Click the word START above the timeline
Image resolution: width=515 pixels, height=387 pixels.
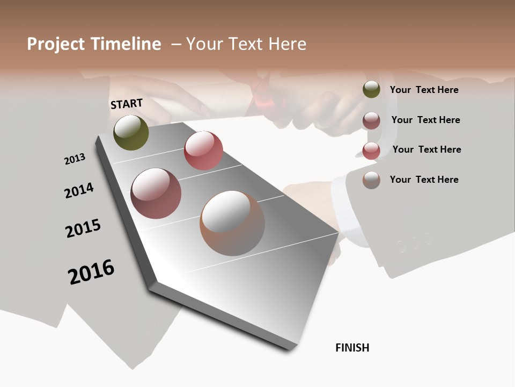click(x=127, y=104)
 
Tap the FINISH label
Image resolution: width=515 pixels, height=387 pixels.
click(x=352, y=348)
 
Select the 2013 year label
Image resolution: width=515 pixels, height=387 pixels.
click(x=75, y=159)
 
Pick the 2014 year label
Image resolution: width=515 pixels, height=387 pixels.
click(x=79, y=190)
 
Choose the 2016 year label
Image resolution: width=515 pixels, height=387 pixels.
click(x=91, y=272)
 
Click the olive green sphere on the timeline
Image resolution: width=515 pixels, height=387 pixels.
click(x=131, y=132)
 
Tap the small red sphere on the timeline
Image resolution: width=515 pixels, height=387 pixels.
click(x=203, y=150)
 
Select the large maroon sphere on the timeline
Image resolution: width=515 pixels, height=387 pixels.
click(x=156, y=193)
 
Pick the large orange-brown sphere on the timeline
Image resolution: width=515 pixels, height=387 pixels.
click(x=232, y=223)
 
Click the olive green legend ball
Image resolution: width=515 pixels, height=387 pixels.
click(x=371, y=90)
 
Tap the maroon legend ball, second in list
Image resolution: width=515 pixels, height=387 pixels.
click(x=371, y=120)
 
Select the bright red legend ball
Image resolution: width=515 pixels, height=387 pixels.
click(x=371, y=150)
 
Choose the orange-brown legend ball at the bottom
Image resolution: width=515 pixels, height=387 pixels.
click(x=371, y=180)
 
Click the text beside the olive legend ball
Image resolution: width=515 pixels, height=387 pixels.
click(x=424, y=90)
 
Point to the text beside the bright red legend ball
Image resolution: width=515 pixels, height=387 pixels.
click(x=426, y=149)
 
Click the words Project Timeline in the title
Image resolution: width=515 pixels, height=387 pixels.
click(x=94, y=44)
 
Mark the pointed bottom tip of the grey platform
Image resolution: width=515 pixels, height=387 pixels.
click(x=290, y=348)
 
